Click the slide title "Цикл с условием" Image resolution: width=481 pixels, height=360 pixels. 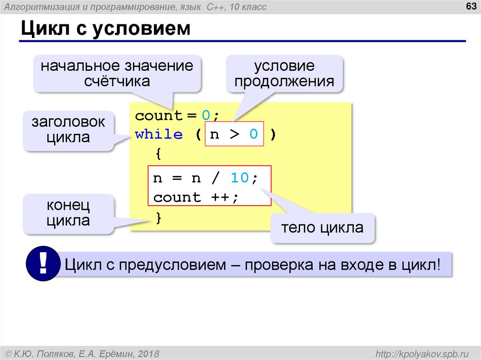coord(105,29)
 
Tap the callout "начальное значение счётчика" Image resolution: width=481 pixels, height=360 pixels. coord(117,73)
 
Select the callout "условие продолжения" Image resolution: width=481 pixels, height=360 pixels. coord(285,73)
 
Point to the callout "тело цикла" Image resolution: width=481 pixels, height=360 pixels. coord(322,228)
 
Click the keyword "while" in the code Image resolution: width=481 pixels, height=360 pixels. coord(159,135)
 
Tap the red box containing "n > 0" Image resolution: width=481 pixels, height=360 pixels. coord(234,135)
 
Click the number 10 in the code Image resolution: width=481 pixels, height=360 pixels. coord(239,178)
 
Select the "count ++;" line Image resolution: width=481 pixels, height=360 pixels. coord(196,197)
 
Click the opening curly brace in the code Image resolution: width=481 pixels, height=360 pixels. coord(158,153)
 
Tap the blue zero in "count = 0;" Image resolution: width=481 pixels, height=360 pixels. coord(206,115)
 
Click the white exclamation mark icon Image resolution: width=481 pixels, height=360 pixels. coord(43,265)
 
